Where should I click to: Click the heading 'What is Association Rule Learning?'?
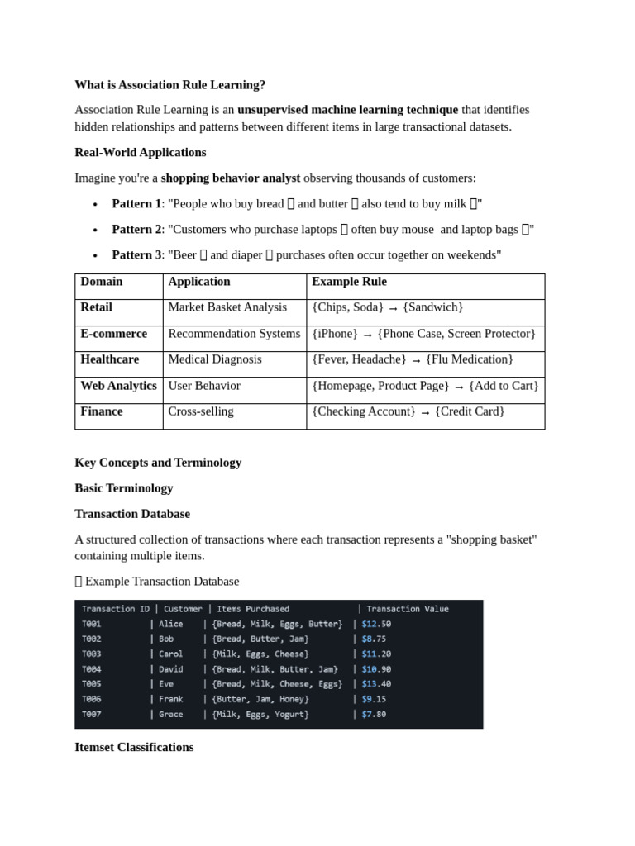point(169,84)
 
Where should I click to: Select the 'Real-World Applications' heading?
point(140,152)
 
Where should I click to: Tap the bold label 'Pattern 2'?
point(136,229)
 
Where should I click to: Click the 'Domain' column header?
point(102,282)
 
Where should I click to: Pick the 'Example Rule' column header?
point(349,282)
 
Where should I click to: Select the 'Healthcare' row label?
point(110,359)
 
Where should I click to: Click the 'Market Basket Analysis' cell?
point(227,307)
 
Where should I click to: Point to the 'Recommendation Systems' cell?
point(234,334)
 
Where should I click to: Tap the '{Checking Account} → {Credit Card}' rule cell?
point(408,411)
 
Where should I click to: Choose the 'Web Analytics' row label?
point(118,386)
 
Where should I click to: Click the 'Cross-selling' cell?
point(201,411)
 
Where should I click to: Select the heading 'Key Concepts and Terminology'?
point(158,462)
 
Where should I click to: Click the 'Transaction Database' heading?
point(132,513)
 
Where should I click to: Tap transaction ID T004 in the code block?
point(91,669)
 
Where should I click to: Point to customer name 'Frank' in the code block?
point(171,699)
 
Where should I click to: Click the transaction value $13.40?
point(376,684)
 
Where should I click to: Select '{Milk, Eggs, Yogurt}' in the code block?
point(260,714)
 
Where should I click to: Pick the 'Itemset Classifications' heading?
point(134,747)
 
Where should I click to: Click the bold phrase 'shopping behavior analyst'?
point(231,178)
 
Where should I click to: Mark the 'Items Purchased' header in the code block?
point(253,609)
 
